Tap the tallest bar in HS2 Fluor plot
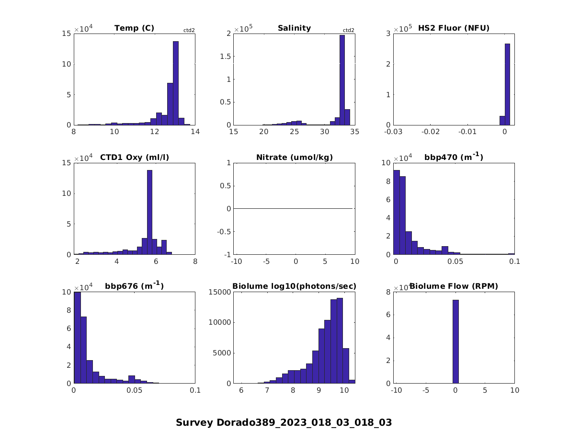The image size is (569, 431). (x=507, y=84)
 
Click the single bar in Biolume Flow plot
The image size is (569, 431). (x=455, y=341)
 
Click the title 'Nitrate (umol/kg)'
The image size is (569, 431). (x=294, y=157)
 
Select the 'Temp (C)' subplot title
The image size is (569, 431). (x=134, y=28)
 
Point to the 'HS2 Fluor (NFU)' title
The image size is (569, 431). (x=454, y=28)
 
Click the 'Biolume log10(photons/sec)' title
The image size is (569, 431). (x=294, y=286)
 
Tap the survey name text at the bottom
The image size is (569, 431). (x=284, y=422)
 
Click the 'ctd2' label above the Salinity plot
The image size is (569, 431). (x=349, y=31)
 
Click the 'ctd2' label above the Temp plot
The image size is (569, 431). (x=189, y=31)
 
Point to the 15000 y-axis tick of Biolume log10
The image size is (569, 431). (x=219, y=292)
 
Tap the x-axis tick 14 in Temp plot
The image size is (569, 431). (x=194, y=132)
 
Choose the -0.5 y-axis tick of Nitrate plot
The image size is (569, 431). (x=224, y=231)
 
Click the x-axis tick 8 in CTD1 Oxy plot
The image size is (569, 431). (x=195, y=261)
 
